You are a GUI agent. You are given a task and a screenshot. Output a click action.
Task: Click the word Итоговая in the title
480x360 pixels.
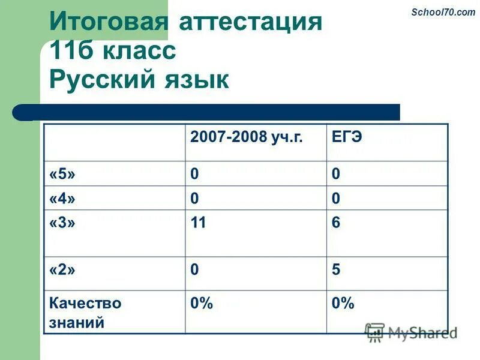108,23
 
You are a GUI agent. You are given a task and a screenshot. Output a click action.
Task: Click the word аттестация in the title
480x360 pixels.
250,23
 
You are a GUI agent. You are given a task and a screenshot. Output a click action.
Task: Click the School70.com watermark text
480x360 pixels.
443,12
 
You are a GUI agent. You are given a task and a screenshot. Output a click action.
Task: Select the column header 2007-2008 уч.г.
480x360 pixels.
247,137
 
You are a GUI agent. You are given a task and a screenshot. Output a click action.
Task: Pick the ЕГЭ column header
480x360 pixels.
347,137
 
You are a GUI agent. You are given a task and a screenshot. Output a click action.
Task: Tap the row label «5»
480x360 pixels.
62,174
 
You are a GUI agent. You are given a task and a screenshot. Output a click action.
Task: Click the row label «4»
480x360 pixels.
62,198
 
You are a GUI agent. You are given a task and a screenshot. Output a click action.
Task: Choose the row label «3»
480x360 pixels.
62,223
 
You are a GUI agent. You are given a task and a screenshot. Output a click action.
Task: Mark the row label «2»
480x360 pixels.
62,270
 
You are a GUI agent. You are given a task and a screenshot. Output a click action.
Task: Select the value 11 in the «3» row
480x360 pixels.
198,223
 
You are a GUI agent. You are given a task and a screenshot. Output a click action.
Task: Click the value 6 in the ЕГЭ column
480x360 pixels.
336,223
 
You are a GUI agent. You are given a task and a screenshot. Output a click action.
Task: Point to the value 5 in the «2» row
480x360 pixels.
336,270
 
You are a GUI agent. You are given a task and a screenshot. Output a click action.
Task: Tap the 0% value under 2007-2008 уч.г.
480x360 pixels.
202,304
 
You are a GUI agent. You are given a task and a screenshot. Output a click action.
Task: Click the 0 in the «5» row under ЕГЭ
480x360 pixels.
336,174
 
